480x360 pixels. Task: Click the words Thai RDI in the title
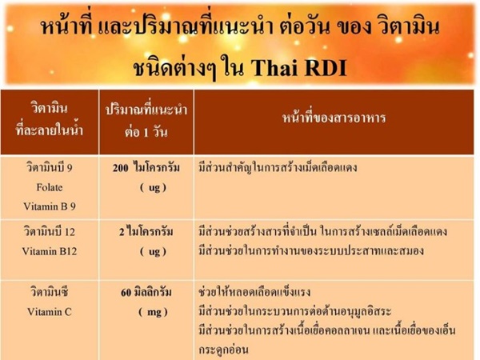(x=298, y=67)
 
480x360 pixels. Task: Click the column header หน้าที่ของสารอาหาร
(x=334, y=118)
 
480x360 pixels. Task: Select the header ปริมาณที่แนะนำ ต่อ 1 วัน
(x=146, y=121)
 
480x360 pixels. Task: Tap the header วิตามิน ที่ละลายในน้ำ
(x=50, y=119)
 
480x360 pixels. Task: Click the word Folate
(x=50, y=187)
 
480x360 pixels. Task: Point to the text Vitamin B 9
(x=50, y=206)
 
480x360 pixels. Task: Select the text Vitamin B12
(x=50, y=251)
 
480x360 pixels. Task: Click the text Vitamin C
(x=50, y=312)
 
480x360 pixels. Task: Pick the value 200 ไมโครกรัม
(x=146, y=168)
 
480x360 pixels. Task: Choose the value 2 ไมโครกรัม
(x=146, y=232)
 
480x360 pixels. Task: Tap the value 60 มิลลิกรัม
(x=146, y=292)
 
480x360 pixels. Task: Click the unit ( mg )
(x=153, y=312)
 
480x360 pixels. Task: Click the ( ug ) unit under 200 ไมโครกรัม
(x=153, y=187)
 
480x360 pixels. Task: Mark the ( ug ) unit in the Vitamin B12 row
(x=153, y=251)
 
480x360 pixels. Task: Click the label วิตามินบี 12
(x=50, y=231)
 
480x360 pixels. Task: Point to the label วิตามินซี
(x=50, y=291)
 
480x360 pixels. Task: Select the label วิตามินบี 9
(x=50, y=167)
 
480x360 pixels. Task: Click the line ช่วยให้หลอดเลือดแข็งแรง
(x=254, y=291)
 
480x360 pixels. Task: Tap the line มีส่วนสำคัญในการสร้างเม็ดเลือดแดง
(x=278, y=168)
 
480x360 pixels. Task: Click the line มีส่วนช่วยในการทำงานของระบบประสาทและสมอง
(x=311, y=250)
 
